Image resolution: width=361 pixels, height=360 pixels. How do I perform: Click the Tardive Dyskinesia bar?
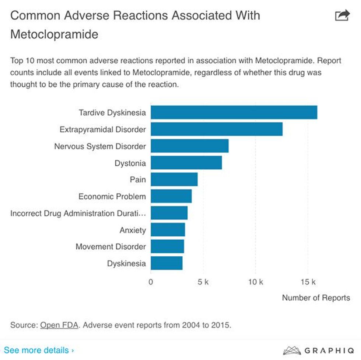(234, 112)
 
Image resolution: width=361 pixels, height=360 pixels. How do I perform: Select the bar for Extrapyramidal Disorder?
(216, 129)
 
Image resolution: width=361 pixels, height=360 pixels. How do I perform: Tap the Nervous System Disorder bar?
(189, 146)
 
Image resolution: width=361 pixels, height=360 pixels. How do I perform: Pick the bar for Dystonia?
(186, 163)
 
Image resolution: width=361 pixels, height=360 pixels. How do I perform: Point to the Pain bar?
(174, 180)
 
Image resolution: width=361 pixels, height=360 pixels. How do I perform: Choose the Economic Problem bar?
(171, 196)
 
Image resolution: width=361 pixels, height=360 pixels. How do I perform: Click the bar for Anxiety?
(168, 230)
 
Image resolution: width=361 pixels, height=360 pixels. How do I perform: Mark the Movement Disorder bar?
(167, 246)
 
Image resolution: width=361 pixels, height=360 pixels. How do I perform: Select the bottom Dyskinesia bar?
(167, 263)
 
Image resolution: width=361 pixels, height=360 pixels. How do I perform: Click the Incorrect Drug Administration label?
(78, 213)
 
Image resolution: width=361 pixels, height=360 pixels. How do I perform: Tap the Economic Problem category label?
(112, 196)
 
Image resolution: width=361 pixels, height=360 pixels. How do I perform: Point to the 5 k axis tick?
(203, 282)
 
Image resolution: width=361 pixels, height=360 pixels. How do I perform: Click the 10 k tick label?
(255, 282)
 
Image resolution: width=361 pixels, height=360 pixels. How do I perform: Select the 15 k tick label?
(308, 282)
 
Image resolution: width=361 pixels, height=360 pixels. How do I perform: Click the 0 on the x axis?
(151, 282)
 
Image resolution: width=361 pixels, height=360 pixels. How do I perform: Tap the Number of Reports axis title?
(316, 298)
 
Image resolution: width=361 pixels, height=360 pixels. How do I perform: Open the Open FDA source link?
(59, 325)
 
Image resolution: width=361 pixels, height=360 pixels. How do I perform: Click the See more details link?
(39, 350)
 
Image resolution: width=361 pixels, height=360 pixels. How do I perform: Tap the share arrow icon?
(342, 15)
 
